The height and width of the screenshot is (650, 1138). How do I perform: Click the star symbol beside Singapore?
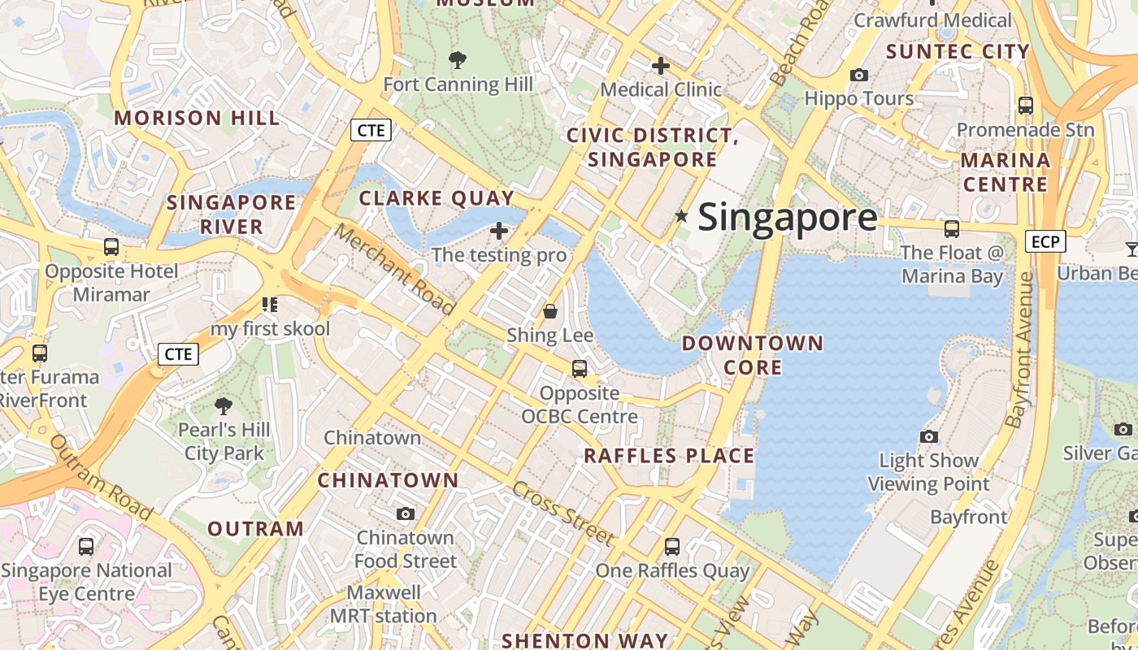[681, 216]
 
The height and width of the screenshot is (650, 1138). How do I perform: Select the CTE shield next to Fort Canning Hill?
[371, 130]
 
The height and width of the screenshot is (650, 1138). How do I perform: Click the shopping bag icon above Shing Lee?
[550, 311]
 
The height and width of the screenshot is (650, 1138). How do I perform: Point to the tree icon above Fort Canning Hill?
[458, 59]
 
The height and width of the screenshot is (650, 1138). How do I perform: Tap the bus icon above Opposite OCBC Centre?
[580, 369]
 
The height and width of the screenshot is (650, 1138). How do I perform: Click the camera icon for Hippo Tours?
[858, 76]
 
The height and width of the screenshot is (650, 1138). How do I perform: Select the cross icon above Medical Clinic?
[661, 66]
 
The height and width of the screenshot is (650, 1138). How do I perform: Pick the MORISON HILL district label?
[197, 118]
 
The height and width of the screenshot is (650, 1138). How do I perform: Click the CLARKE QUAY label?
[437, 198]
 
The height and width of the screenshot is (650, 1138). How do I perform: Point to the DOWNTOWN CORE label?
[753, 355]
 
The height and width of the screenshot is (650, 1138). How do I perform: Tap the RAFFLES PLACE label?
[669, 456]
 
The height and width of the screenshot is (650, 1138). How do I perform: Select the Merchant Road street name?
[395, 269]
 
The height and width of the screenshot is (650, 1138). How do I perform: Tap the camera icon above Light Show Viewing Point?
[929, 437]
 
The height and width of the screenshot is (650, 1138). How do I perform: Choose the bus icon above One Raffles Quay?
[672, 547]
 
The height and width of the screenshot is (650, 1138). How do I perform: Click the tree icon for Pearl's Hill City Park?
[224, 405]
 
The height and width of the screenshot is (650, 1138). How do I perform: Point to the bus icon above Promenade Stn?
[1026, 106]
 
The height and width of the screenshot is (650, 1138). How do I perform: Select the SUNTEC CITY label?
[958, 52]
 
